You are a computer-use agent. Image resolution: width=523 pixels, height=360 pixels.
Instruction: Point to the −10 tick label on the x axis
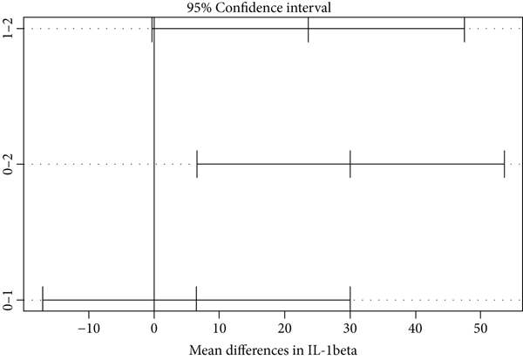point(89,329)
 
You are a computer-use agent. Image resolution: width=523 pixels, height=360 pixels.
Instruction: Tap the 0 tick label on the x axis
point(154,329)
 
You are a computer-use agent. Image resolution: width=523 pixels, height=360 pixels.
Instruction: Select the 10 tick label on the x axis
point(220,329)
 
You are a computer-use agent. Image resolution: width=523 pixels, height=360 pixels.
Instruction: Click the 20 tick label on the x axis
point(285,329)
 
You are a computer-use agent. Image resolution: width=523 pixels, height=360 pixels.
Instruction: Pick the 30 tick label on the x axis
point(350,329)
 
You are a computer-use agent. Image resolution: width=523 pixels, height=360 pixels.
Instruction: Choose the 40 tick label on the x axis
point(416,329)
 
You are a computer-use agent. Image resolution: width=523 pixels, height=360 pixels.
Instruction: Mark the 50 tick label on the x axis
point(481,329)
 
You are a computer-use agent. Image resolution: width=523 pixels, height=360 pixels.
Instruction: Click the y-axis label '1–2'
point(9,29)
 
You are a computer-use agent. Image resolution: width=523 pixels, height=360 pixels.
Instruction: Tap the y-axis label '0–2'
point(9,164)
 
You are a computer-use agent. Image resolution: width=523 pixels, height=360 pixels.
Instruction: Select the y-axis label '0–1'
point(9,300)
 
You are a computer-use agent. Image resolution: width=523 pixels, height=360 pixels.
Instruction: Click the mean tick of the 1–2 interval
point(309,29)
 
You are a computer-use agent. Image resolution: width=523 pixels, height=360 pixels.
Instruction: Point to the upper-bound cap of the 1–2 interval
point(465,29)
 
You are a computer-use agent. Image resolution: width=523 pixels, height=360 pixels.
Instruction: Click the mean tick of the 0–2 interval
point(350,164)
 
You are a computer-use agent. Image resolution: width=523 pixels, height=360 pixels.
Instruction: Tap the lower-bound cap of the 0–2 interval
point(197,164)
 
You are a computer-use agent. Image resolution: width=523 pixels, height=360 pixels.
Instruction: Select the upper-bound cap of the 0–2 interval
point(504,164)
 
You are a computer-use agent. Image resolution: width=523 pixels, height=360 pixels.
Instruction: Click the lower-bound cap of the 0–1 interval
point(43,300)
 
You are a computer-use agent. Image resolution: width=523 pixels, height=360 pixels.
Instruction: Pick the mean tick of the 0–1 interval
point(197,300)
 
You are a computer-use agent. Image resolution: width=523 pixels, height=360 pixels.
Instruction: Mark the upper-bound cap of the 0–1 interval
point(350,300)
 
